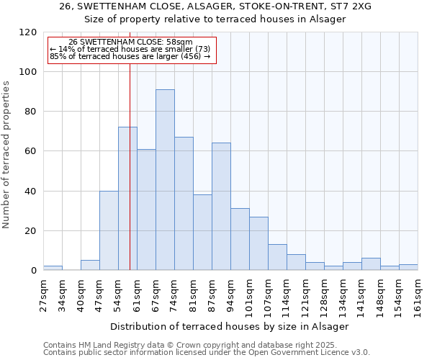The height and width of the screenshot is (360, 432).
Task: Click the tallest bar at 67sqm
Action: (165, 180)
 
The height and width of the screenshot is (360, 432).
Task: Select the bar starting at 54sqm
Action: (127, 199)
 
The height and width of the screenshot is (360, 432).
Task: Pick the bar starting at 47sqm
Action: (109, 230)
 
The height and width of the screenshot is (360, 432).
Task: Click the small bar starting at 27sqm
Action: (53, 268)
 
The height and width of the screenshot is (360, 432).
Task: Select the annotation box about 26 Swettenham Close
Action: (130, 50)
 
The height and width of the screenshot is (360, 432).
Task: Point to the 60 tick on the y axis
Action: (31, 151)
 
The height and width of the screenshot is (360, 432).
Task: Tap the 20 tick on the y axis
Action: (31, 231)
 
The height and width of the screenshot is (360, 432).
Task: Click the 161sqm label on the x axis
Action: (418, 296)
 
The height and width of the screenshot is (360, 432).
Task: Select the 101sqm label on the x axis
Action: (249, 296)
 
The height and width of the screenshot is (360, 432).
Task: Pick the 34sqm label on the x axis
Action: (62, 294)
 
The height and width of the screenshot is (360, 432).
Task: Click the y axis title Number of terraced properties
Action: (6, 154)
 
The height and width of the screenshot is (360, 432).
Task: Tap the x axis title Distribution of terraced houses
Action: (230, 326)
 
